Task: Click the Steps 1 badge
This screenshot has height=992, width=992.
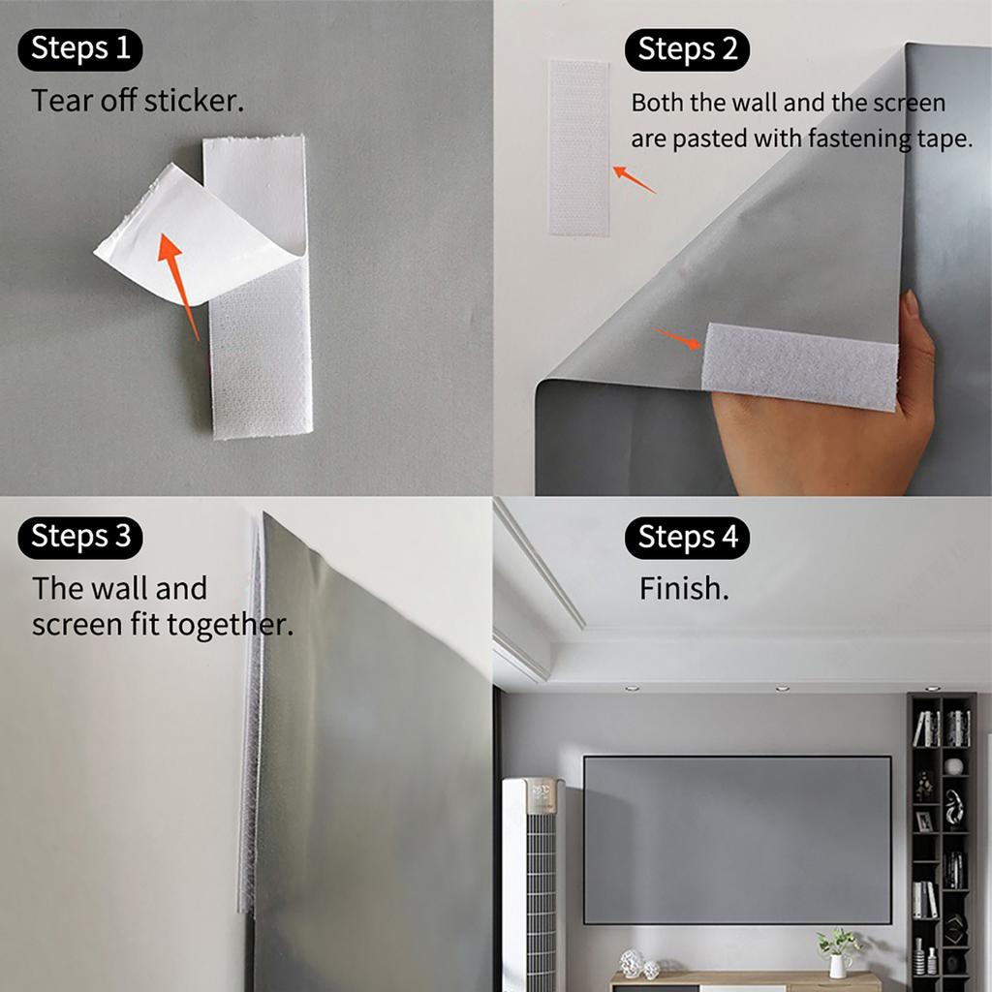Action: point(80,49)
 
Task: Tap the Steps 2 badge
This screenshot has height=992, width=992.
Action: point(687,49)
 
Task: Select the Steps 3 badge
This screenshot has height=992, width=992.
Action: point(80,538)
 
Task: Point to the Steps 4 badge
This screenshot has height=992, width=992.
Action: point(687,538)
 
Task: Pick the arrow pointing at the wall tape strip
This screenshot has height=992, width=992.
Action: point(633,178)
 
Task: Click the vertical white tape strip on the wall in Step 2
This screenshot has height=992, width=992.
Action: point(578,147)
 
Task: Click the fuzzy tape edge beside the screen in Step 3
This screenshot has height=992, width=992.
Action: point(251,717)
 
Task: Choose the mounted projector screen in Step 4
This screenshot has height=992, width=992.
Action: point(736,839)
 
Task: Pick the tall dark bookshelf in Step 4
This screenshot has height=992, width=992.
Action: point(942,838)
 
